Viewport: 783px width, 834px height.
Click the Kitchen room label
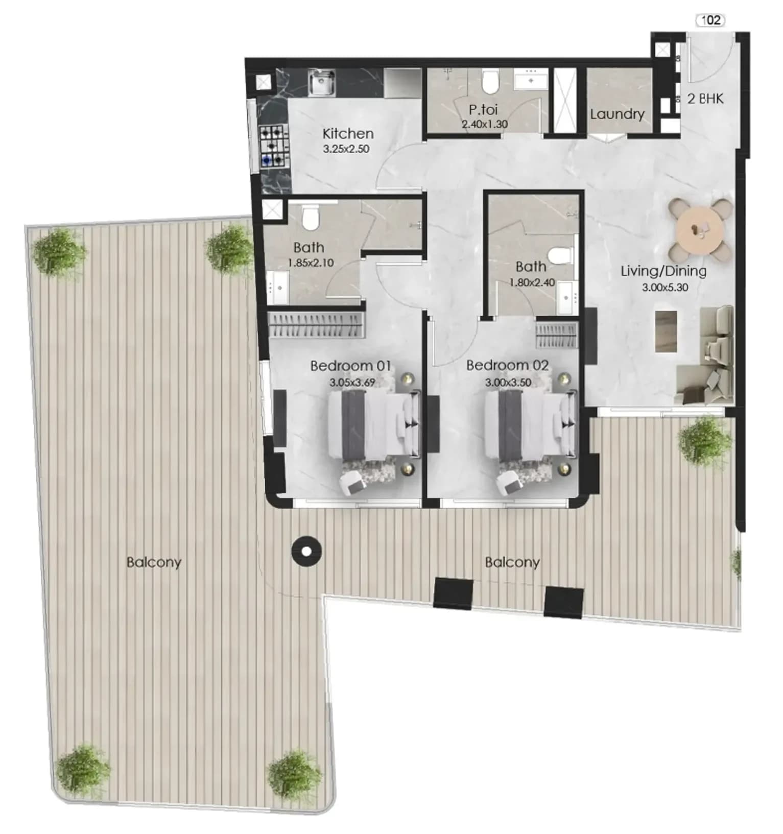click(x=348, y=134)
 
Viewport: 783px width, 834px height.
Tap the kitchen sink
click(x=321, y=83)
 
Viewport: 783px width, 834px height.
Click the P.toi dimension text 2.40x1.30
click(x=485, y=124)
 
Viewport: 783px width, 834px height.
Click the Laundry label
click(x=617, y=114)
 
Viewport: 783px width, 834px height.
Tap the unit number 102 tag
click(x=711, y=20)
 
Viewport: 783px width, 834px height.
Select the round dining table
click(x=700, y=230)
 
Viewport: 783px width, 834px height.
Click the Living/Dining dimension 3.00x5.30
click(x=665, y=288)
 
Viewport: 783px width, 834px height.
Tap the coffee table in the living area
click(x=666, y=331)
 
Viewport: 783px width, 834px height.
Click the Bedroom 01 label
click(x=350, y=366)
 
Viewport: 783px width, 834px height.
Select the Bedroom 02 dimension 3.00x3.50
click(x=508, y=383)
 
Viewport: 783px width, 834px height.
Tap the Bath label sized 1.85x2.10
click(x=309, y=248)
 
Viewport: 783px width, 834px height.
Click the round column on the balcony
click(x=306, y=552)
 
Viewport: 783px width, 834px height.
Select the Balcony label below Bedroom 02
click(x=512, y=562)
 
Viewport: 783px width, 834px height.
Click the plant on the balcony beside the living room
click(x=705, y=440)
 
